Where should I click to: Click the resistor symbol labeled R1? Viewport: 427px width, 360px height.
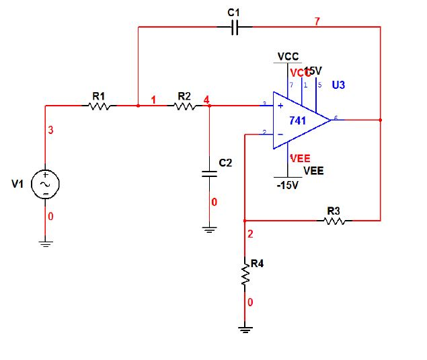pyautogui.click(x=99, y=106)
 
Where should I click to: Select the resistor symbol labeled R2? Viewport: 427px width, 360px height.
pyautogui.click(x=185, y=106)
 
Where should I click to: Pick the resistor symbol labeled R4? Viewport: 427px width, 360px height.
pyautogui.click(x=245, y=276)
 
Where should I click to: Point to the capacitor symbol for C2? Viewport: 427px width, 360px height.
pyautogui.click(x=210, y=173)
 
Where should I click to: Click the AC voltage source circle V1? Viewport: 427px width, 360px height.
pyautogui.click(x=46, y=184)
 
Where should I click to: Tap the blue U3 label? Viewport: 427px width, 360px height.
pyautogui.click(x=338, y=85)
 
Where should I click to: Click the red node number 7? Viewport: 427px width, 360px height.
pyautogui.click(x=317, y=22)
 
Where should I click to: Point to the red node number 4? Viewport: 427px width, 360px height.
pyautogui.click(x=206, y=100)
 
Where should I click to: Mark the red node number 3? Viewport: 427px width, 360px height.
pyautogui.click(x=50, y=130)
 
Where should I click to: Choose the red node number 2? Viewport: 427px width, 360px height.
pyautogui.click(x=250, y=234)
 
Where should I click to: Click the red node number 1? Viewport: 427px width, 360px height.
pyautogui.click(x=153, y=100)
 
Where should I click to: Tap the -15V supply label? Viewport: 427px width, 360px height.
pyautogui.click(x=287, y=185)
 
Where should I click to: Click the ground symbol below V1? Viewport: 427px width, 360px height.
pyautogui.click(x=46, y=244)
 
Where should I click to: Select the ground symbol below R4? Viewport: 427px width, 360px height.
pyautogui.click(x=245, y=329)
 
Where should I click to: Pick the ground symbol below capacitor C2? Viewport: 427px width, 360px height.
pyautogui.click(x=210, y=230)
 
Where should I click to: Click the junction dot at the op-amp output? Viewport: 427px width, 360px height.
pyautogui.click(x=381, y=120)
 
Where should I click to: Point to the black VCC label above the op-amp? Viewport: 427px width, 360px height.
pyautogui.click(x=288, y=57)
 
